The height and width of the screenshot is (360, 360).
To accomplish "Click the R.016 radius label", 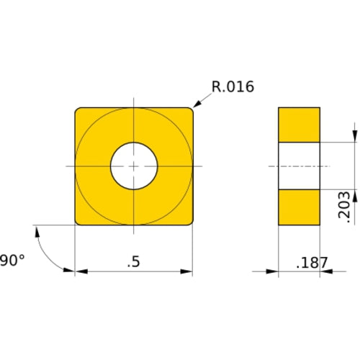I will [233, 87].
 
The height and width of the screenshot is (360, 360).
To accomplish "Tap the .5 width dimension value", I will [133, 262].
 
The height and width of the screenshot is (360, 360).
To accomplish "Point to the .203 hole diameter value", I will [345, 205].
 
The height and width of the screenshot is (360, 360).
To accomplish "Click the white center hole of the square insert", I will [134, 166].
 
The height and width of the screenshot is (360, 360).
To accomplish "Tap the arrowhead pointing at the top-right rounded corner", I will [197, 105].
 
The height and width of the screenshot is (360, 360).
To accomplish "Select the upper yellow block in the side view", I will [299, 125].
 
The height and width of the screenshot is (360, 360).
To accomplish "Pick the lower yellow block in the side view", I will [299, 207].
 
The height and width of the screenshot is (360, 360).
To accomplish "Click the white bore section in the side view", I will [299, 166].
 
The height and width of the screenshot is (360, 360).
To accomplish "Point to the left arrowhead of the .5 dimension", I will [81, 272].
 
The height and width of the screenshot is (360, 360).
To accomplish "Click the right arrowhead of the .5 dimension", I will [187, 272].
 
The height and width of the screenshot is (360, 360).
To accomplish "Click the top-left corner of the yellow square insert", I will [77, 109].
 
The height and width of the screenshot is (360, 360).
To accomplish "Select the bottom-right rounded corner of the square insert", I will [190, 222].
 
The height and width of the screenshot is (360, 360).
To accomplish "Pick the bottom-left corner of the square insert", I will [77, 223].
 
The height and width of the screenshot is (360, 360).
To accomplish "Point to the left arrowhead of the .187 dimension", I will [273, 272].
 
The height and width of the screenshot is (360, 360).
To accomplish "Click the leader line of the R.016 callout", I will [203, 99].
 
